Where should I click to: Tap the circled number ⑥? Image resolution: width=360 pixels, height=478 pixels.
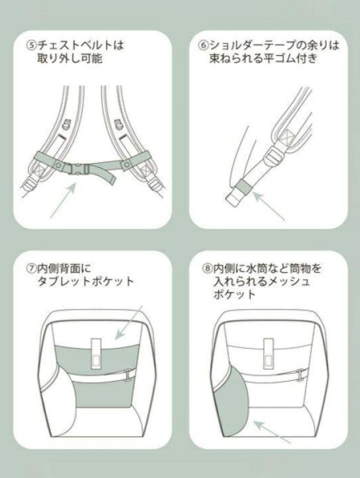204,45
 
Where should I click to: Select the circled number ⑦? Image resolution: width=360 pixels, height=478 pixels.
31,269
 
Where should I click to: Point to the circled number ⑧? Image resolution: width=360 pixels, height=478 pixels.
207,269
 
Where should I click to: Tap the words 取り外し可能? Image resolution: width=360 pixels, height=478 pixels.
70,58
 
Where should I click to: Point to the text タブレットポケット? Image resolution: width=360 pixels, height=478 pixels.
86,282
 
